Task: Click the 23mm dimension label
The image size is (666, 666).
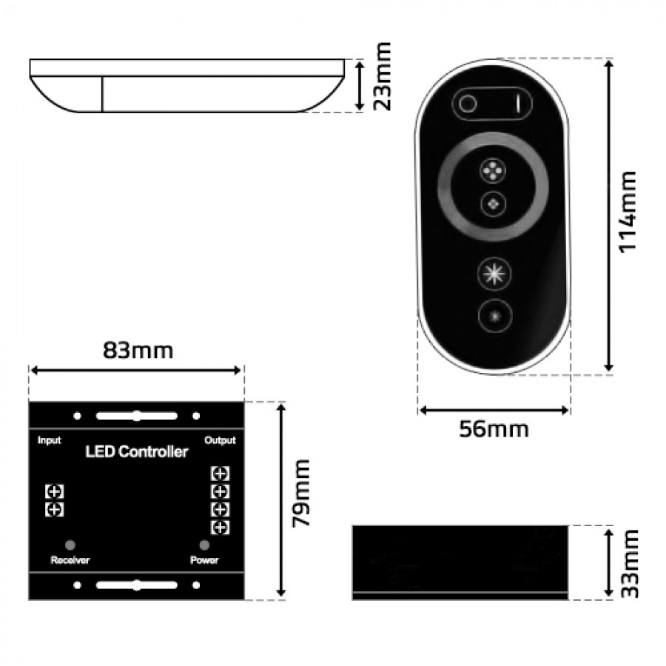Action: point(382,76)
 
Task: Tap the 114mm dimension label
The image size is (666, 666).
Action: point(628,212)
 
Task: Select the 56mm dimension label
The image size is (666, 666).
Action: point(494,429)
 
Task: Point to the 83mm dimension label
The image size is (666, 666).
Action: point(138,351)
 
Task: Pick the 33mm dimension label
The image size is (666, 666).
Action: point(630,564)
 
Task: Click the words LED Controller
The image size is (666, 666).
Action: point(137,452)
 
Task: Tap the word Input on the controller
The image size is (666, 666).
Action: point(50,440)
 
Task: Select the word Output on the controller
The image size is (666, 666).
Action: point(220,440)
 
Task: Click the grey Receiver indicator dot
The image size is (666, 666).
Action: point(70,545)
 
